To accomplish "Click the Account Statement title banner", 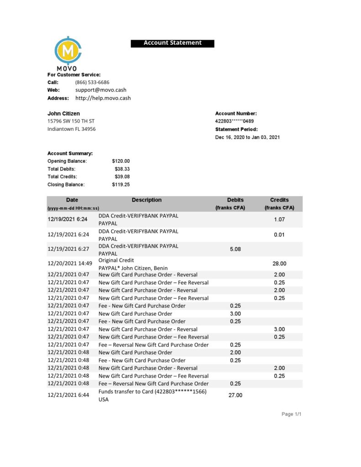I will [172, 43].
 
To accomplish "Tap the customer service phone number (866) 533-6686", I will [92, 82].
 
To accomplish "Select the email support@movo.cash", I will [101, 90].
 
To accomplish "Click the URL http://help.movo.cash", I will [103, 98].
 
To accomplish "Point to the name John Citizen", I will [63, 113].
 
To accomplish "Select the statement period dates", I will [247, 137].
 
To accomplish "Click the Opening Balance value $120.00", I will [120, 161].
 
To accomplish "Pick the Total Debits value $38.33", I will [122, 169].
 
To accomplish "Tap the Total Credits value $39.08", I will [122, 176].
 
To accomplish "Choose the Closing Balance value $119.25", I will [120, 185].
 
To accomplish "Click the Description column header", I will [146, 200].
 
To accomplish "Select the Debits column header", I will [235, 200].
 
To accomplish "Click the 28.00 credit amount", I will [279, 263].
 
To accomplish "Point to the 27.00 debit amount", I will [235, 395].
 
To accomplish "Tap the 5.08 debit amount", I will [235, 249].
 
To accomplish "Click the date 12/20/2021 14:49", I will [70, 263].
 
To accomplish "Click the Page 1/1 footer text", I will [292, 414].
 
